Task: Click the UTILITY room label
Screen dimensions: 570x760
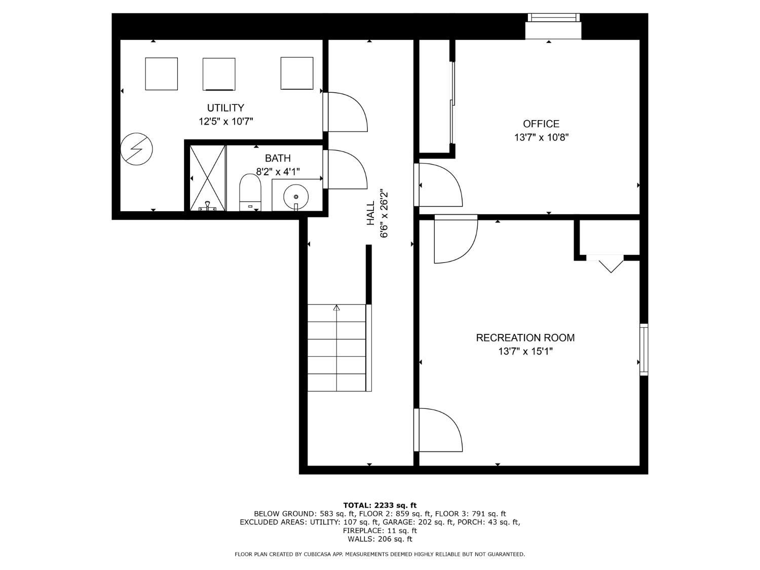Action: pyautogui.click(x=225, y=108)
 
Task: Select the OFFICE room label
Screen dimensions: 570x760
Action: pyautogui.click(x=541, y=124)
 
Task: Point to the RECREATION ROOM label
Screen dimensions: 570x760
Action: pyautogui.click(x=525, y=338)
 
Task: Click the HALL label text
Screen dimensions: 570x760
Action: pyautogui.click(x=371, y=213)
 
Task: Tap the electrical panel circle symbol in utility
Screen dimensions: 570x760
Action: pyautogui.click(x=136, y=149)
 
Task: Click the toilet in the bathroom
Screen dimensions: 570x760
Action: pyautogui.click(x=249, y=192)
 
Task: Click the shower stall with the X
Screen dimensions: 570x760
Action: pyautogui.click(x=207, y=177)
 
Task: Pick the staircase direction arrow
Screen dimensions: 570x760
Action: pyautogui.click(x=336, y=308)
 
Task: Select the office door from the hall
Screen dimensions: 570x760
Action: pyautogui.click(x=438, y=185)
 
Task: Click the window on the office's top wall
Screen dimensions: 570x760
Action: pyautogui.click(x=553, y=18)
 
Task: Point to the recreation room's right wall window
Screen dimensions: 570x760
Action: pyautogui.click(x=643, y=349)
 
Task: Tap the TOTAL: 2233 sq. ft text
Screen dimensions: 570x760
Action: pyautogui.click(x=379, y=505)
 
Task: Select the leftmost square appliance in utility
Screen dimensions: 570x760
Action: pyautogui.click(x=161, y=74)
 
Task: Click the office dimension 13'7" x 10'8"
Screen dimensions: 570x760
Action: pyautogui.click(x=541, y=137)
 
